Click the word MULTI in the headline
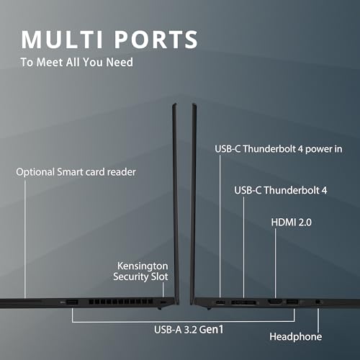62,40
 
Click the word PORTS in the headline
156,40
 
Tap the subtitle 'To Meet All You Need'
77,62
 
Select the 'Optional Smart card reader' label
76,172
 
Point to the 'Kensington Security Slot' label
140,271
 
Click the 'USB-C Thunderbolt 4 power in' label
279,149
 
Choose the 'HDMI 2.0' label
291,222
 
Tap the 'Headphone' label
295,336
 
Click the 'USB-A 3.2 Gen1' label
189,330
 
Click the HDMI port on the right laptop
275,302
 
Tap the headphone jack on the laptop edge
318,302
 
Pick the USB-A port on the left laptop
72,302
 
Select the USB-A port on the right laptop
292,302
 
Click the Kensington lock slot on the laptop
163,302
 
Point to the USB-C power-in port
220,302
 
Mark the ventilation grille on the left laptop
121,302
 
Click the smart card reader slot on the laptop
20,300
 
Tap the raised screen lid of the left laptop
176,204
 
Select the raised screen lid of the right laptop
194,204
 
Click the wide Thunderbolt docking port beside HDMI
243,302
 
